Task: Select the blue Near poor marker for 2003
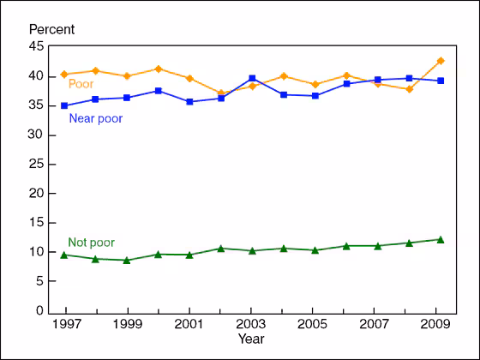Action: [x=251, y=78]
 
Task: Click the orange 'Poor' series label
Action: [x=81, y=84]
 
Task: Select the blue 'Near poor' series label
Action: [x=95, y=118]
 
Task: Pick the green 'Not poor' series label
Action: [x=91, y=243]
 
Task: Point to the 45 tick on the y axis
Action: [x=39, y=46]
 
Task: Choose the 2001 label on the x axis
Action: [x=189, y=326]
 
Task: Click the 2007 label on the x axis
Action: [x=375, y=326]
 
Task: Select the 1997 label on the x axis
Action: [x=66, y=326]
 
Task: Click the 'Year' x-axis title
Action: [x=251, y=339]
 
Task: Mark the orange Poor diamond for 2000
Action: [x=159, y=69]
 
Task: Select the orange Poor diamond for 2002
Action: [x=220, y=93]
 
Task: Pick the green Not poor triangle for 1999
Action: [x=128, y=260]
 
